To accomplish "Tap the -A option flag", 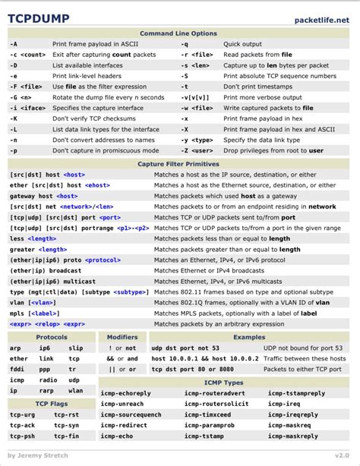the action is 14,44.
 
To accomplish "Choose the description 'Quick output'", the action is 243,44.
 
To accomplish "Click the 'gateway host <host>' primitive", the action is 43,196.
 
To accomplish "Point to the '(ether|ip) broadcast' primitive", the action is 46,270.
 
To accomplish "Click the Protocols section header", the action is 52,337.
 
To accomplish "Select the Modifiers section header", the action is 122,337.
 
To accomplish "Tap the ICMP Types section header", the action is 224,383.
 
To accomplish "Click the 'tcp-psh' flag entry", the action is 21,436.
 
